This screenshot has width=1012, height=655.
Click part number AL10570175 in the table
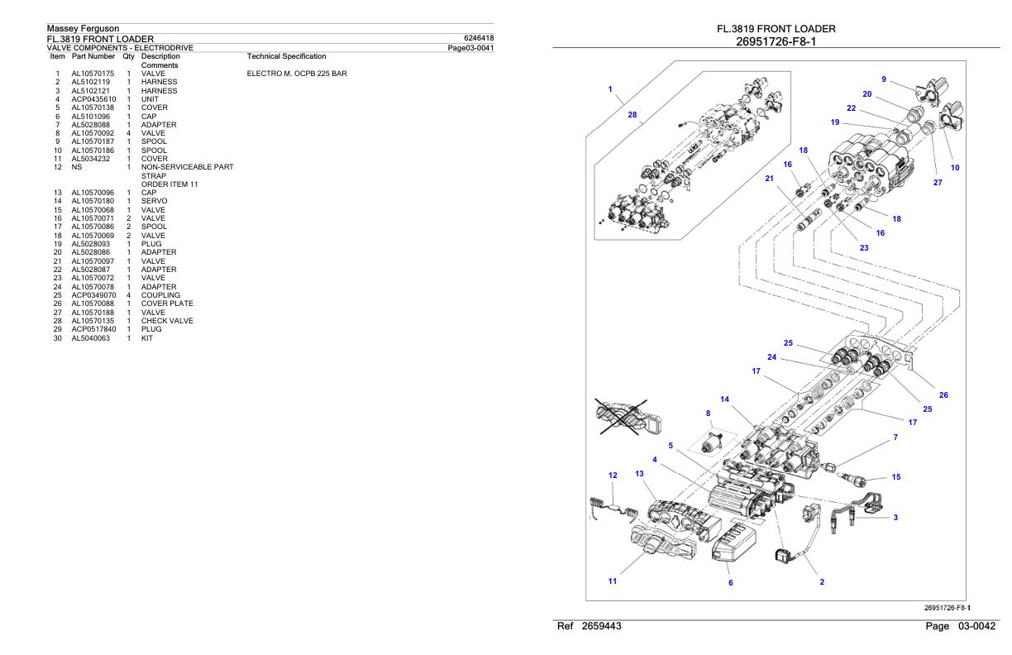pos(93,74)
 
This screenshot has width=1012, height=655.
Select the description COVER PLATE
pos(167,304)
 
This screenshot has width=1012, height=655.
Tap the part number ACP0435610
pos(93,99)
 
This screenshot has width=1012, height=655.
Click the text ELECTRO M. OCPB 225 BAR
pos(297,74)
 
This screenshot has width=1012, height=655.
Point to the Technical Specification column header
pos(286,56)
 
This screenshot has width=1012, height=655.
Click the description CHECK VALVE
pos(167,321)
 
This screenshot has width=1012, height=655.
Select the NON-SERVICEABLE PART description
pos(187,167)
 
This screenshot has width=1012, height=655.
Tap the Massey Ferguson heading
pos(84,28)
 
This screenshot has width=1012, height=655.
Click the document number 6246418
pos(479,38)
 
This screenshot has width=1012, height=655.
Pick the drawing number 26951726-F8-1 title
pos(776,42)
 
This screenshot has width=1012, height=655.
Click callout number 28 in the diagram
pos(632,115)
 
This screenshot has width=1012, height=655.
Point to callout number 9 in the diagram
pos(884,79)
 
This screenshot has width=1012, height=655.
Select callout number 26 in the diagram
pos(943,395)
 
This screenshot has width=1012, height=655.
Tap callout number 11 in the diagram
pos(612,581)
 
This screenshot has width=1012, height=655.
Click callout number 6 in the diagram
pos(731,583)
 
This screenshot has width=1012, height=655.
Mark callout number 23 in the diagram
pos(864,248)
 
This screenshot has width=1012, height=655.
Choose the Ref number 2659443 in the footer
pos(601,627)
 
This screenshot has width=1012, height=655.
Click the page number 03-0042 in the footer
pos(976,627)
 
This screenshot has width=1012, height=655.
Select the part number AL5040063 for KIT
pos(90,338)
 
